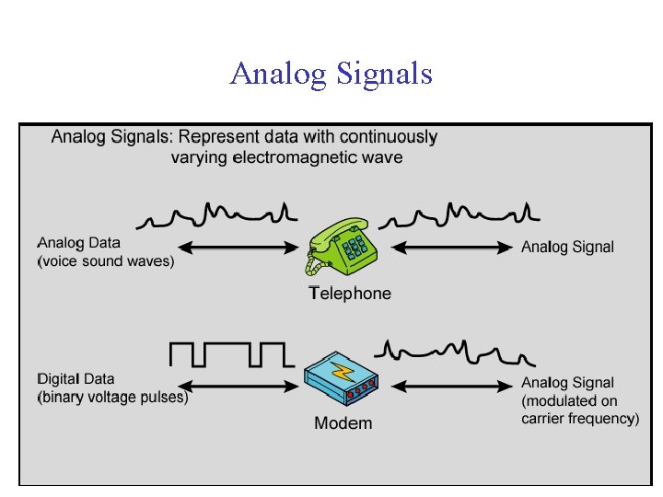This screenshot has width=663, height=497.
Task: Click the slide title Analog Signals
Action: tap(331, 73)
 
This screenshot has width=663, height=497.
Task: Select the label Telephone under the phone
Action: tap(350, 294)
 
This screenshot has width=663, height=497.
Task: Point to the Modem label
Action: tap(343, 423)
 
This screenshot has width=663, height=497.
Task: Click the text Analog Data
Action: tap(79, 243)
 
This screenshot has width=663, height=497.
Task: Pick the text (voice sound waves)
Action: tap(106, 260)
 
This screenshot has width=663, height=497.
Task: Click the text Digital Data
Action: tap(76, 378)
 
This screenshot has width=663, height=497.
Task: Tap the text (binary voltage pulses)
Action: tap(112, 398)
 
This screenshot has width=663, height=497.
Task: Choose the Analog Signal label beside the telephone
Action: tap(567, 247)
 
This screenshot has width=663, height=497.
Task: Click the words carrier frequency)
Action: tap(580, 419)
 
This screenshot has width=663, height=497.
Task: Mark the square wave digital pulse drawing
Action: tap(231, 354)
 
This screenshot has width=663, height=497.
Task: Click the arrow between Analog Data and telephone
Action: tap(237, 247)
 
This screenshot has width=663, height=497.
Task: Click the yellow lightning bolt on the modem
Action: tap(343, 371)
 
